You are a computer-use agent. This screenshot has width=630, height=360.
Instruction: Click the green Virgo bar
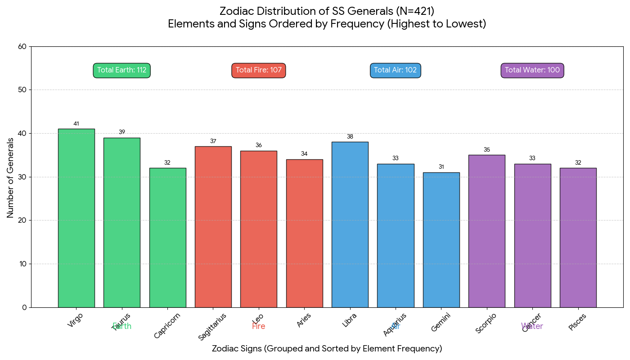pyautogui.click(x=76, y=218)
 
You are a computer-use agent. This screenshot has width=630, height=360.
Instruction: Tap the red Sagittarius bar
pyautogui.click(x=213, y=227)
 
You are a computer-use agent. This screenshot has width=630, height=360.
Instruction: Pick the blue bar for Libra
pyautogui.click(x=350, y=225)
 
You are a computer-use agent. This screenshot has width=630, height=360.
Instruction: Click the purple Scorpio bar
pyautogui.click(x=486, y=231)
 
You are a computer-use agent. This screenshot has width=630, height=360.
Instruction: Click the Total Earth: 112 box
pyautogui.click(x=121, y=70)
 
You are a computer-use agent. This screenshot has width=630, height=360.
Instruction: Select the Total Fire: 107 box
pyautogui.click(x=259, y=70)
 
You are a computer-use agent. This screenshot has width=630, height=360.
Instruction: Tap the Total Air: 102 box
pyautogui.click(x=396, y=70)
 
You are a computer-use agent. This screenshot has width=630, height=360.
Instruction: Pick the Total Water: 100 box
pyautogui.click(x=532, y=70)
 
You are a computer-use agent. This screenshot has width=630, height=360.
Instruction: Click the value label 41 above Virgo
pyautogui.click(x=76, y=124)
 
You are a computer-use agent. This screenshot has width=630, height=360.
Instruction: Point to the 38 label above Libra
pyautogui.click(x=350, y=137)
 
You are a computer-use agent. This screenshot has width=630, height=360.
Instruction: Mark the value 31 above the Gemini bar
pyautogui.click(x=441, y=167)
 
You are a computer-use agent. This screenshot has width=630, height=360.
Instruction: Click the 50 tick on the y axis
pyautogui.click(x=22, y=90)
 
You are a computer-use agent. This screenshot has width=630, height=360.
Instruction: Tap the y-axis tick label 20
pyautogui.click(x=22, y=220)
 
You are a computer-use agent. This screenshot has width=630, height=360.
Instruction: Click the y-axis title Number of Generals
pyautogui.click(x=10, y=177)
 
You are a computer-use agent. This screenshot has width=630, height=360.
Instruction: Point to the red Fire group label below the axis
pyautogui.click(x=259, y=327)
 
